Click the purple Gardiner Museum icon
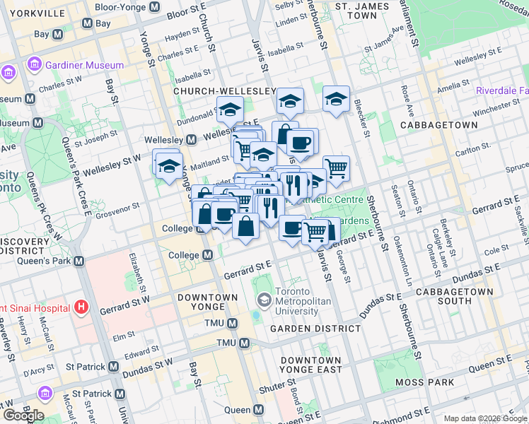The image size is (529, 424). (33, 66)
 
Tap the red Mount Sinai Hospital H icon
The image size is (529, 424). (81, 307)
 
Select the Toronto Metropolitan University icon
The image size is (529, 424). (264, 300)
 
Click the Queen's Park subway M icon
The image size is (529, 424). (79, 261)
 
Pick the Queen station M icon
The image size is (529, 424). (258, 410)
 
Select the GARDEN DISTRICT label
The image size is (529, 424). (315, 329)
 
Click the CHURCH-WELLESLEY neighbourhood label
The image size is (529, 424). (224, 92)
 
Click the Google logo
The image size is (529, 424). (24, 416)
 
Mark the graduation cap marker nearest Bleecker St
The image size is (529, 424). (337, 99)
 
